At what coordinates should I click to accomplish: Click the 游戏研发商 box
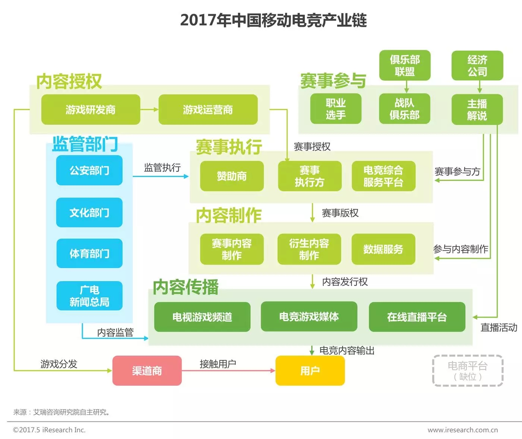point(91,109)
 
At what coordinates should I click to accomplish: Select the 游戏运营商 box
point(208,109)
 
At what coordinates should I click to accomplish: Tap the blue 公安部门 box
point(89,170)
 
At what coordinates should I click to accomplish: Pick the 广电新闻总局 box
point(89,296)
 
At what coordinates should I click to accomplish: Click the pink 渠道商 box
point(147,370)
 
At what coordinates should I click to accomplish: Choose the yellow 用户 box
point(310,370)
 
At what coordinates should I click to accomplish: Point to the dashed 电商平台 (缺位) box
point(468,371)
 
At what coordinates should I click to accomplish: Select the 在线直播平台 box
point(417,317)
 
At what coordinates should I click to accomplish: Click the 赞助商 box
point(232,176)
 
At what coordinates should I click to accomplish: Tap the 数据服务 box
point(383,249)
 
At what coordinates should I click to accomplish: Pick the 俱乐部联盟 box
point(405,66)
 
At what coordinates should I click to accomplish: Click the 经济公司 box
point(477,66)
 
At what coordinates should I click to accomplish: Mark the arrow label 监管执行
point(162,167)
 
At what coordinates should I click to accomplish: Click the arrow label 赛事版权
point(340,213)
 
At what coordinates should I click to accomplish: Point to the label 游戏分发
point(59,364)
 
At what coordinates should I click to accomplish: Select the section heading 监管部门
point(85,144)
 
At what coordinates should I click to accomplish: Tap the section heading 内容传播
point(186,287)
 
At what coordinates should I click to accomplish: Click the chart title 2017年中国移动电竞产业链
point(273,20)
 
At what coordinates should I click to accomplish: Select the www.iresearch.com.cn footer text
point(462,430)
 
